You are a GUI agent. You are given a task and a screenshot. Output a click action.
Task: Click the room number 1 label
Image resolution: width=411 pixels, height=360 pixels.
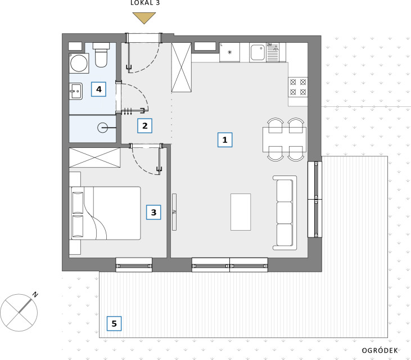point(225,139)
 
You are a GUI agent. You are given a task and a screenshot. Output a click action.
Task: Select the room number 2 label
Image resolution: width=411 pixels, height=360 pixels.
point(144,126)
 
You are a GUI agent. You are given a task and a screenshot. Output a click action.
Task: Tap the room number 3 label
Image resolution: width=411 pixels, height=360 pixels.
point(153,212)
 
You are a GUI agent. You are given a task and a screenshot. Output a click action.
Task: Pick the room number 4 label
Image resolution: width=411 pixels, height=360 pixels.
point(98,89)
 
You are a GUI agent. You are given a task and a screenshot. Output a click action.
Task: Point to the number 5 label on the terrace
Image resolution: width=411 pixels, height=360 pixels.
point(114,323)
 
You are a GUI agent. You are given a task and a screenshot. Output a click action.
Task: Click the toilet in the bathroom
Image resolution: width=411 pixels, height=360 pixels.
point(101,55)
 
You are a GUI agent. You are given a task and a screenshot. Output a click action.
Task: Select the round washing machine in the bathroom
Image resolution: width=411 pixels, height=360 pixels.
point(79,63)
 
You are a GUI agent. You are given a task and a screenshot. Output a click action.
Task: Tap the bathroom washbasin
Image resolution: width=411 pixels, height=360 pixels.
point(76,91)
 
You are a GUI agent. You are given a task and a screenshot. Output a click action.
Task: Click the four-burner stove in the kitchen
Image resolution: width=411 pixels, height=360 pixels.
point(298,87)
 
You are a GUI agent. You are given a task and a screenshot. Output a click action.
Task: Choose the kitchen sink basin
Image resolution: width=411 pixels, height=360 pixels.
point(258,52)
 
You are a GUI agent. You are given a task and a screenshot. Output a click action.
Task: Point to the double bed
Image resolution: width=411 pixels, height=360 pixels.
point(105,213)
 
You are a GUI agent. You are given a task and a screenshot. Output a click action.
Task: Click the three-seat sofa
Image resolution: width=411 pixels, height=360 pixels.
point(284,213)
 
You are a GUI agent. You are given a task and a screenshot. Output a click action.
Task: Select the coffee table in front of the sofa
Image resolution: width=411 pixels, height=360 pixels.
point(241,212)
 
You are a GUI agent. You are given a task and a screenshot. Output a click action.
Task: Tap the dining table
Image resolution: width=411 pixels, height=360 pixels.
point(284,139)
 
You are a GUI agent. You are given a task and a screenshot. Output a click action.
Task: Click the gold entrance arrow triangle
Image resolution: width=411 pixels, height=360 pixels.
point(144,17)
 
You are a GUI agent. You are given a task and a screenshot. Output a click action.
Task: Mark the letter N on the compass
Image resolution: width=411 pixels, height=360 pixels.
point(35,294)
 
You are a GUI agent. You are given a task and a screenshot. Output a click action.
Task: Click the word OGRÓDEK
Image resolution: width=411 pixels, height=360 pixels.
point(380,350)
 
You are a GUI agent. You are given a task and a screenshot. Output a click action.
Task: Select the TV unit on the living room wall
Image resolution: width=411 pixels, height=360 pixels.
point(174,212)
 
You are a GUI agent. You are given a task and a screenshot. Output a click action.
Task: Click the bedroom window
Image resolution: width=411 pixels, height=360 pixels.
point(134,265)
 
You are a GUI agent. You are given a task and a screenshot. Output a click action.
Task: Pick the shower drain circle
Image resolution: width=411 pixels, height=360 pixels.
point(102,128)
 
